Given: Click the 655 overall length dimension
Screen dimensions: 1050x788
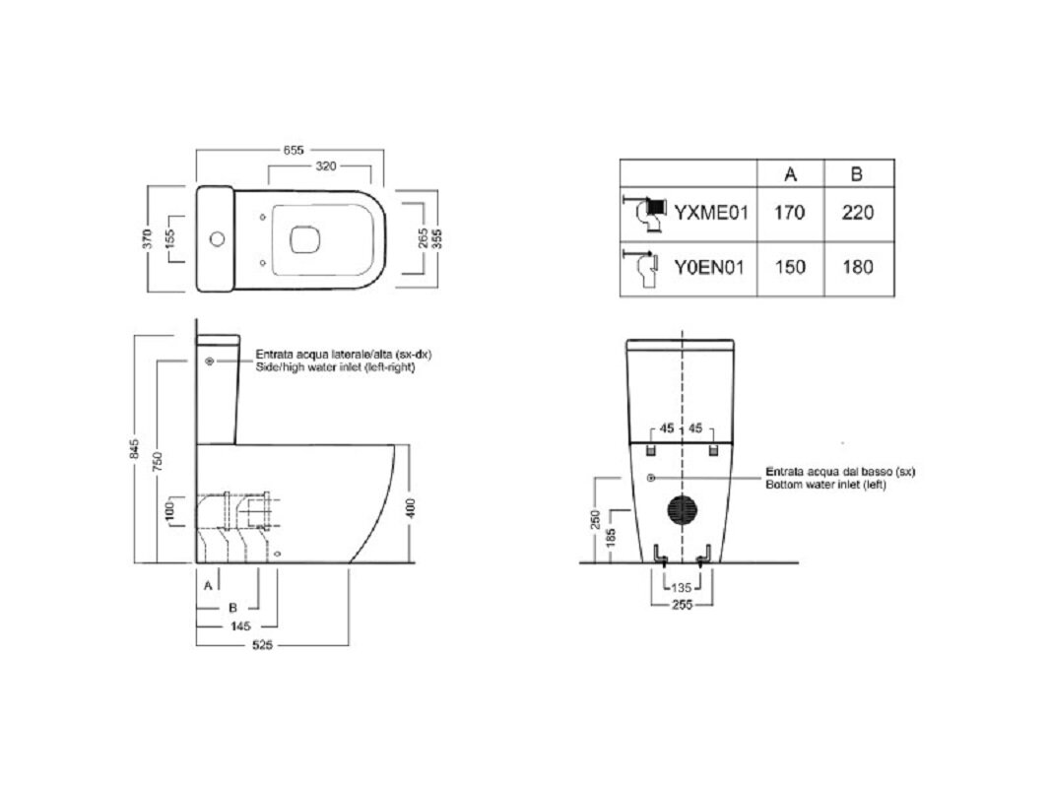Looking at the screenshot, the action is click(294, 150).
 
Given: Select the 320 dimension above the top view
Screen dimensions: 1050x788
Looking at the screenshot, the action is click(325, 166).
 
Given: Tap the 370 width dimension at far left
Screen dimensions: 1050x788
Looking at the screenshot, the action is click(148, 238).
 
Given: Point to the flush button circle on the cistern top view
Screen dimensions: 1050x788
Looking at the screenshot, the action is click(217, 238).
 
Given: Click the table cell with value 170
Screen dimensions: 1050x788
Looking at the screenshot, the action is click(790, 213).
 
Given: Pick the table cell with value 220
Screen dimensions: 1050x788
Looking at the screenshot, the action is click(858, 213).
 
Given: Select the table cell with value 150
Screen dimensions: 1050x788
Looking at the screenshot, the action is click(790, 267).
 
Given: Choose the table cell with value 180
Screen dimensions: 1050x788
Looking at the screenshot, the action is click(858, 267).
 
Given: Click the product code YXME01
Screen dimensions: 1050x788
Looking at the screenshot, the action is click(710, 213).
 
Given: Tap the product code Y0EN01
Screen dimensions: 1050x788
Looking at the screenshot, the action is click(709, 268).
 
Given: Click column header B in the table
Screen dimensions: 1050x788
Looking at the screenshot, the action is click(857, 174).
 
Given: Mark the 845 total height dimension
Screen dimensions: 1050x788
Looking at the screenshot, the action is click(135, 449).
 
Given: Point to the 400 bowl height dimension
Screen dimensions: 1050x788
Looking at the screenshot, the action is click(411, 507).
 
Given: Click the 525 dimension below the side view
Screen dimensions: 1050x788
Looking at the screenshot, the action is click(262, 646).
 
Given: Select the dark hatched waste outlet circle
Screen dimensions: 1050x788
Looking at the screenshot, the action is click(683, 510).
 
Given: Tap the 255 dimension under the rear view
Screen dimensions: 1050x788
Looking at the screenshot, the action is click(682, 605).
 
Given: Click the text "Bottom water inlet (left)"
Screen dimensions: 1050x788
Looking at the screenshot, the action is click(825, 484).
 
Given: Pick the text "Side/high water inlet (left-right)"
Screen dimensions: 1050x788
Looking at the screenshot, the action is click(336, 366).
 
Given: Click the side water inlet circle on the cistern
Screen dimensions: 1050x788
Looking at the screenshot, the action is click(210, 361).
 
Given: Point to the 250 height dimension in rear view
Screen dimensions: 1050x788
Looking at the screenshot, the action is click(595, 519).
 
